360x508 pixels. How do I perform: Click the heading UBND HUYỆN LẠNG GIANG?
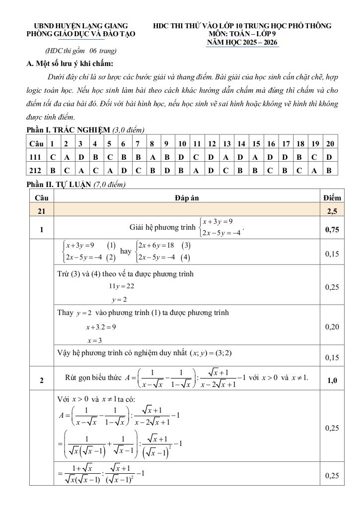point(80,25)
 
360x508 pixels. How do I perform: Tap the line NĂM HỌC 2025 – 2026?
point(243,43)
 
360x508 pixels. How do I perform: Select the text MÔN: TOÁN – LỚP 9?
point(242,34)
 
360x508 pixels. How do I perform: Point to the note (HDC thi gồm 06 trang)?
point(80,51)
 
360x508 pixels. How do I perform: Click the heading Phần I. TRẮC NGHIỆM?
point(69,130)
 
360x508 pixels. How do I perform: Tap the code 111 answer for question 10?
point(182,156)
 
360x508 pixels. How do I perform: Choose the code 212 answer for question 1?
point(52,170)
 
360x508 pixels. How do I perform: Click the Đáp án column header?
point(187,197)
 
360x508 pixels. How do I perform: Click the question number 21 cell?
point(41,211)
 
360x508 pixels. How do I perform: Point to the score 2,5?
point(332,211)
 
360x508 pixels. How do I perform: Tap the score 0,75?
point(332,230)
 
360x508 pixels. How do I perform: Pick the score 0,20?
point(332,327)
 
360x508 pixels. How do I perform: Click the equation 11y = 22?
point(122,286)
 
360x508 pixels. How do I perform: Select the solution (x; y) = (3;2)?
point(211,353)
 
